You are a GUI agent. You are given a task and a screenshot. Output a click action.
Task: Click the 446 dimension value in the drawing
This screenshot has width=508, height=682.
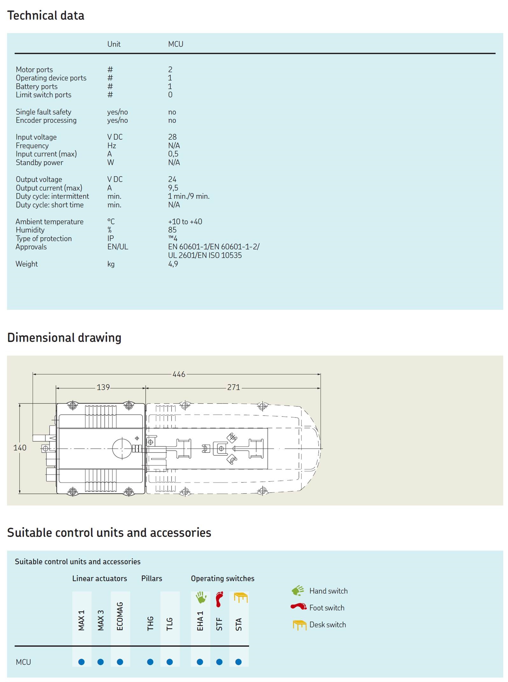tap(179, 374)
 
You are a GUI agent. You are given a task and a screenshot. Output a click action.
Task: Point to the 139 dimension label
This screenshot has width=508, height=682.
tap(103, 387)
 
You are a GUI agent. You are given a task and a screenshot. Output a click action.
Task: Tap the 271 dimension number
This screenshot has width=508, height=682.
tap(233, 387)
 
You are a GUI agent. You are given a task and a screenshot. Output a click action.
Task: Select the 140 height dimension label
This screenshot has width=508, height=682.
tap(20, 448)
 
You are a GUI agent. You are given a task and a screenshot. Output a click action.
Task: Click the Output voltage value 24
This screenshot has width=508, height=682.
tap(172, 179)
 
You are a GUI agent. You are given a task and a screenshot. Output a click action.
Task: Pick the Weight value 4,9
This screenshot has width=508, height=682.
tap(173, 264)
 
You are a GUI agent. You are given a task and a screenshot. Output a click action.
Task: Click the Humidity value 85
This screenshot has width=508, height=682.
tap(172, 230)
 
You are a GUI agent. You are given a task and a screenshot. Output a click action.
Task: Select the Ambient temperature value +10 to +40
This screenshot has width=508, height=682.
tap(185, 222)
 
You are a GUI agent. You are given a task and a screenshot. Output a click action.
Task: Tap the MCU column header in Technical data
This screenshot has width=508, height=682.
tap(176, 44)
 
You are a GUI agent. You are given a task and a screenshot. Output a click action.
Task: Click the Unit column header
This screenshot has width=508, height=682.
tap(114, 44)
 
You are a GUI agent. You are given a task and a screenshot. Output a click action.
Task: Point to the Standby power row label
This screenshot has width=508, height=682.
tap(39, 163)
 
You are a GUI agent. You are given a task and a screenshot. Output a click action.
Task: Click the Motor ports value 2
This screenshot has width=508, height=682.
tap(170, 69)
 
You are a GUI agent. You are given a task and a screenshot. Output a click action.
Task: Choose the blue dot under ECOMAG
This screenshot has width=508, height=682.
tap(120, 662)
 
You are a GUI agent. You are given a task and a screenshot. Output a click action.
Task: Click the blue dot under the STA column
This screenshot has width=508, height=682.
tap(238, 662)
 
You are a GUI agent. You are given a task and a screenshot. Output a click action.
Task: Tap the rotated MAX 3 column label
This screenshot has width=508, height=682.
tap(101, 620)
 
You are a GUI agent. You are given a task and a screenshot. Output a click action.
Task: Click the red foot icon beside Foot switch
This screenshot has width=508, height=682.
tap(298, 607)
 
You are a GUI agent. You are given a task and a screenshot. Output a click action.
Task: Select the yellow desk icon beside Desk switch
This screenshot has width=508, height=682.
tap(299, 625)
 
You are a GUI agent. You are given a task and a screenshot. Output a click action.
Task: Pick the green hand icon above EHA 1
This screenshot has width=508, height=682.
tap(201, 597)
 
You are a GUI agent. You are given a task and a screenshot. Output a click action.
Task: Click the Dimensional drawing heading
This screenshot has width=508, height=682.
tap(64, 338)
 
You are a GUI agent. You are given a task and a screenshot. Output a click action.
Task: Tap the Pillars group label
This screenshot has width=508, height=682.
tap(152, 578)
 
